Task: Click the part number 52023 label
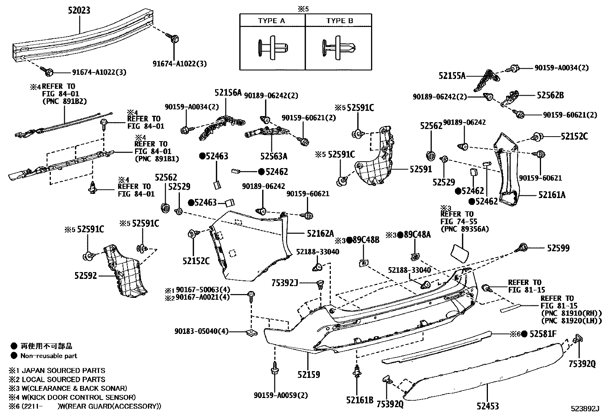[79, 11]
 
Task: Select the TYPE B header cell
[339, 20]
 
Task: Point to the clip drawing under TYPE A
[273, 48]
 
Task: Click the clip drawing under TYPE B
[339, 48]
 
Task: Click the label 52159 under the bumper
[309, 375]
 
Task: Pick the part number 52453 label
[488, 406]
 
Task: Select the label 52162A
[320, 233]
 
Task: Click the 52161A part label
[552, 195]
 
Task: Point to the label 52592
[86, 276]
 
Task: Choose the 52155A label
[452, 76]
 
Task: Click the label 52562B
[551, 95]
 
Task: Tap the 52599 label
[558, 248]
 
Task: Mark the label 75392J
[285, 283]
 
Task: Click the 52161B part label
[360, 400]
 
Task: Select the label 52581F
[543, 334]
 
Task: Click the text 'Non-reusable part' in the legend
[49, 356]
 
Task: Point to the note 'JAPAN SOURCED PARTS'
[63, 370]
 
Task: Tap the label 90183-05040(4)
[201, 331]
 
